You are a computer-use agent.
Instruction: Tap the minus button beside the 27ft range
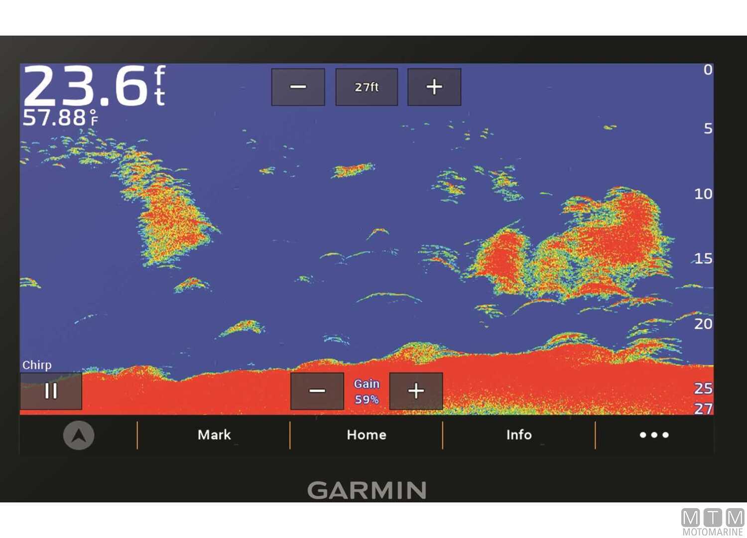click(298, 87)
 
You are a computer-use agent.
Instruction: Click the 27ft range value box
click(367, 87)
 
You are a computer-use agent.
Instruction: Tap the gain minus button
click(317, 391)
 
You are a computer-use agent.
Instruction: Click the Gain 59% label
click(367, 392)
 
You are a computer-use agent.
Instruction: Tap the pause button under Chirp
click(51, 391)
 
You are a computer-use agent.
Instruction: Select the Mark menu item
click(214, 435)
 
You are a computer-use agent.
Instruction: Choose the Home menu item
click(367, 435)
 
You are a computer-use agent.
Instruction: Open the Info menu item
click(519, 435)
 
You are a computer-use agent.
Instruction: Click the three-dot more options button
click(654, 435)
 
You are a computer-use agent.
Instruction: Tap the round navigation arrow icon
click(79, 435)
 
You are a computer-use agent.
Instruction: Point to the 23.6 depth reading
click(85, 86)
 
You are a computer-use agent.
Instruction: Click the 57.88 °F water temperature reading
click(60, 118)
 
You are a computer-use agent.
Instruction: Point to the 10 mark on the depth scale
click(703, 194)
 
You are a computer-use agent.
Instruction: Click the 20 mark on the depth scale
click(703, 324)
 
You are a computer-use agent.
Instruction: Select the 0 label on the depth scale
click(708, 70)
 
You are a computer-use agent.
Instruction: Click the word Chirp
click(37, 365)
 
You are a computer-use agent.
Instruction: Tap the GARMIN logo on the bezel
click(367, 491)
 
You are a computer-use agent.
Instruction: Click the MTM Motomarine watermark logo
click(713, 522)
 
